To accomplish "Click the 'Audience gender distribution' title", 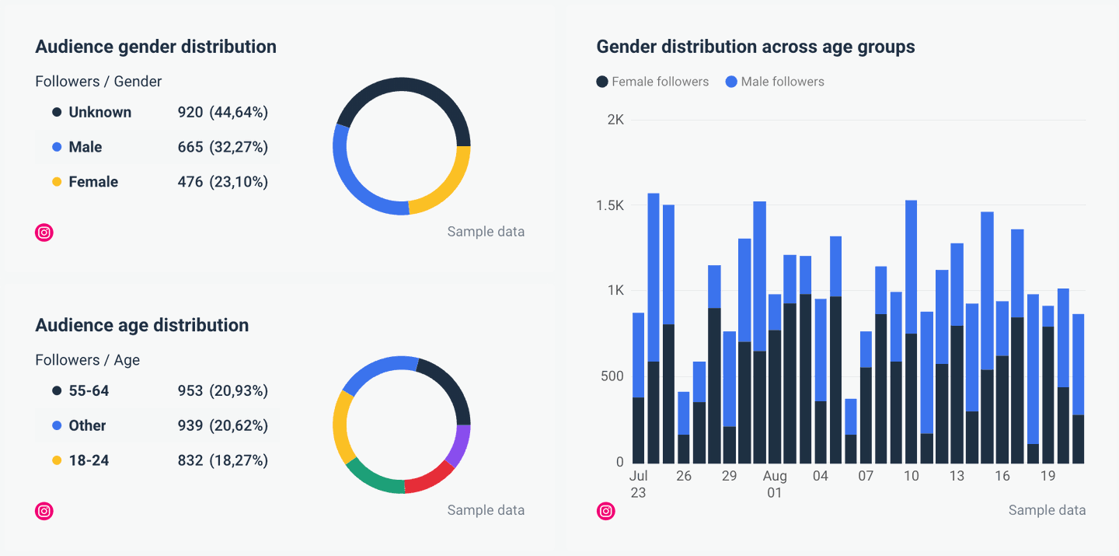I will tap(155, 47).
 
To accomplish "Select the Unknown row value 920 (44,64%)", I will tap(222, 112).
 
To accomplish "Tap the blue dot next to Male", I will tap(57, 147).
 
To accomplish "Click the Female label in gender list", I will tap(93, 182).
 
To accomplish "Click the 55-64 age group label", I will tap(89, 390).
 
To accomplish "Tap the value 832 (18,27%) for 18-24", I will tap(222, 460).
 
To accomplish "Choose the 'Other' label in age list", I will tap(87, 425).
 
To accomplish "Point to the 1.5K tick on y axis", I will tap(610, 205).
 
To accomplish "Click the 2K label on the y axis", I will tap(615, 120).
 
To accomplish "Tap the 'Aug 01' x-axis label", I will tap(775, 484).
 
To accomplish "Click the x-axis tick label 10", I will tap(911, 476).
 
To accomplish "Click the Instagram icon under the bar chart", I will tap(606, 511).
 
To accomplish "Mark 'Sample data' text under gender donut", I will tap(486, 232).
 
